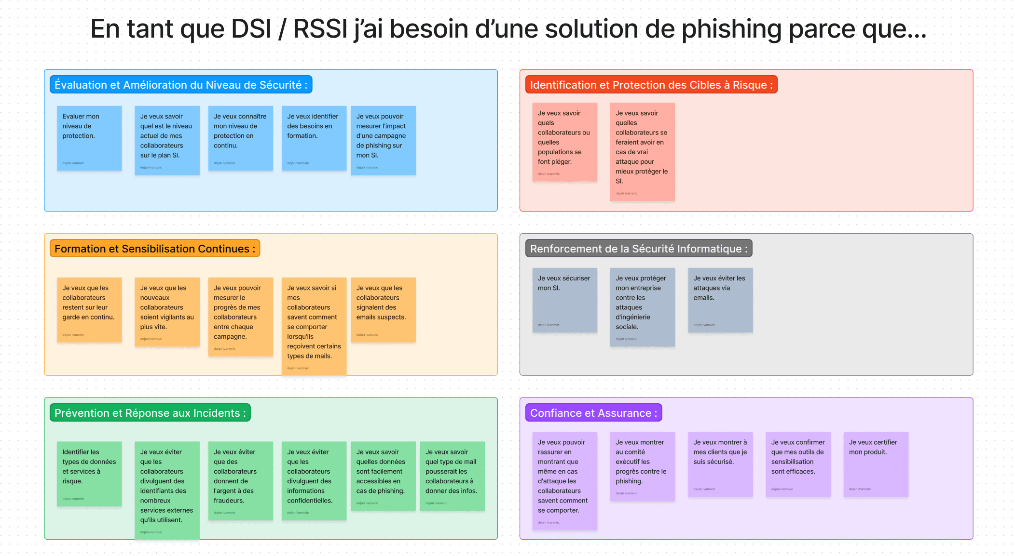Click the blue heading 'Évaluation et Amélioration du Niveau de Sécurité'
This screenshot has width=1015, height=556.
click(x=181, y=85)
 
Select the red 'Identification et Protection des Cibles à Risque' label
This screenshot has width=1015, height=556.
click(x=651, y=85)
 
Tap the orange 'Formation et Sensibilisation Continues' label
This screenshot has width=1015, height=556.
click(x=154, y=249)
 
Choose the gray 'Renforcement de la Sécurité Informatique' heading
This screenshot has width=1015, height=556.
click(x=638, y=249)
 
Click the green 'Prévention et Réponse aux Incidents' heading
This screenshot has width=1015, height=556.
click(x=150, y=413)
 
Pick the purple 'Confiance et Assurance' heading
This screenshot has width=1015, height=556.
click(x=593, y=413)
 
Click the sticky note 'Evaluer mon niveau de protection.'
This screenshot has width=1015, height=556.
click(x=89, y=138)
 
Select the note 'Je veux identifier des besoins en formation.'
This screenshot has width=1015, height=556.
click(x=314, y=138)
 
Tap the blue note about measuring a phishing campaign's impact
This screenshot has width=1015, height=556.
click(x=383, y=140)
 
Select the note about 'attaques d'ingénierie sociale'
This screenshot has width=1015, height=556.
click(x=642, y=306)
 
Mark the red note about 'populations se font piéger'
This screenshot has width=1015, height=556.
click(x=564, y=142)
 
